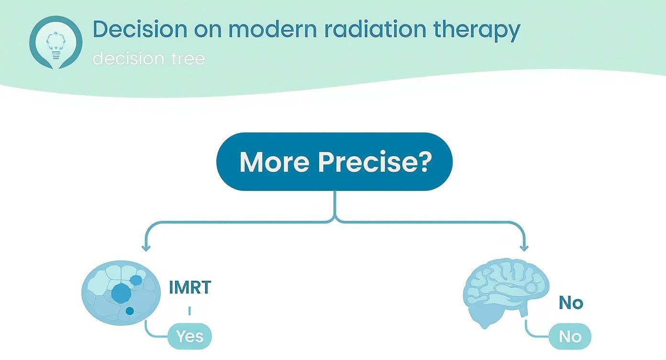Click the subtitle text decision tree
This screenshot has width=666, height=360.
pyautogui.click(x=149, y=58)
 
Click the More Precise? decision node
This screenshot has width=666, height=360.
pyautogui.click(x=334, y=162)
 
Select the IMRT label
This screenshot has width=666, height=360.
pyautogui.click(x=190, y=287)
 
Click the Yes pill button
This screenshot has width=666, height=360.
pyautogui.click(x=190, y=337)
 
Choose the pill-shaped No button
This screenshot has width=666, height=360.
pyautogui.click(x=570, y=337)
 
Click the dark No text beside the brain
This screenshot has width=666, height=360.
pyautogui.click(x=571, y=303)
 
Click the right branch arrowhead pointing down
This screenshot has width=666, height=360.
pyautogui.click(x=524, y=247)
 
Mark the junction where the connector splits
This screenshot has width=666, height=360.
pyautogui.click(x=335, y=220)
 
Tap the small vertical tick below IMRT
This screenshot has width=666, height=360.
pyautogui.click(x=190, y=311)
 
